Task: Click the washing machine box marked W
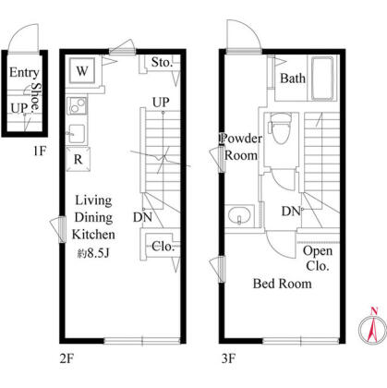pos(82,71)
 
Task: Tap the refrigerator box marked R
pos(79,159)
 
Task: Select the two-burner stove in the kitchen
pos(77,105)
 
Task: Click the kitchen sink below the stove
pos(77,133)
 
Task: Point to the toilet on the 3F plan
pos(280,128)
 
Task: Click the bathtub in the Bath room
pos(322,79)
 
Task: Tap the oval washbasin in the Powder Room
pos(239,215)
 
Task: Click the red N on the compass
pos(374,311)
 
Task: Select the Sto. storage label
pos(162,63)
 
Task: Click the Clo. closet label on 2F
pos(163,246)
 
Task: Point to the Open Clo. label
pos(318,259)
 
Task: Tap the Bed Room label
pos(282,284)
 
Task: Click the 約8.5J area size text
pos(93,253)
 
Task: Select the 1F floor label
pos(40,151)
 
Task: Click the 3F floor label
pos(228,358)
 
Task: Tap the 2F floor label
pos(67,358)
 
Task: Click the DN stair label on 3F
pos(291,211)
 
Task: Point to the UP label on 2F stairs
pos(161,102)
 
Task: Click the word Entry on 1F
pos(24,73)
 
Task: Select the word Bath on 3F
pos(293,78)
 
